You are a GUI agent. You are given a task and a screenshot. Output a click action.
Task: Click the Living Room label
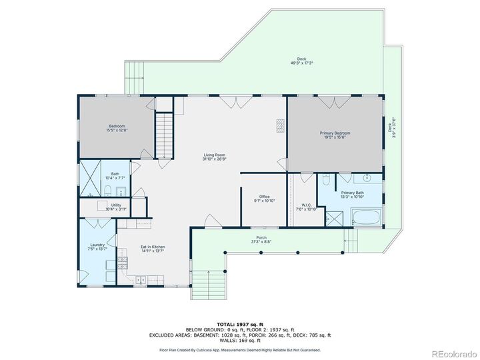215,157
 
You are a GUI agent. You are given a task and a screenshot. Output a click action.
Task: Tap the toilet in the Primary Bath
325,179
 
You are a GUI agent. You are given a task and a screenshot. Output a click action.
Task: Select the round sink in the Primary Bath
367,179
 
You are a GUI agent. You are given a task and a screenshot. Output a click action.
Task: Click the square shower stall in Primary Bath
332,217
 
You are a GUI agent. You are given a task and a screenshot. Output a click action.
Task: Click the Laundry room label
97,247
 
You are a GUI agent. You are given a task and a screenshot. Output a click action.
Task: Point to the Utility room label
116,207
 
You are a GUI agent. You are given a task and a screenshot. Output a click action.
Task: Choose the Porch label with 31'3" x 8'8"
261,239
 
